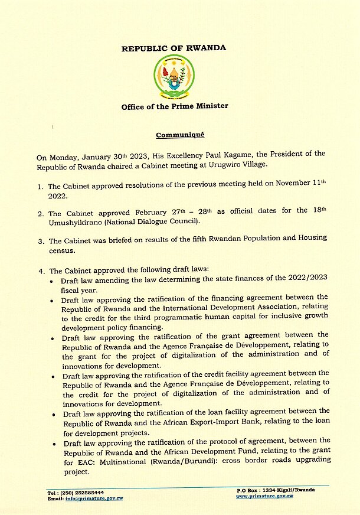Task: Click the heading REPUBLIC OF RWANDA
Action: click(174, 48)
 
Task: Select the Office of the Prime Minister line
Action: click(174, 106)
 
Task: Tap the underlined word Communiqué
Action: click(179, 135)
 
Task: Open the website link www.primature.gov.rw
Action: click(264, 496)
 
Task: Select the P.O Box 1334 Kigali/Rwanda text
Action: click(275, 490)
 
